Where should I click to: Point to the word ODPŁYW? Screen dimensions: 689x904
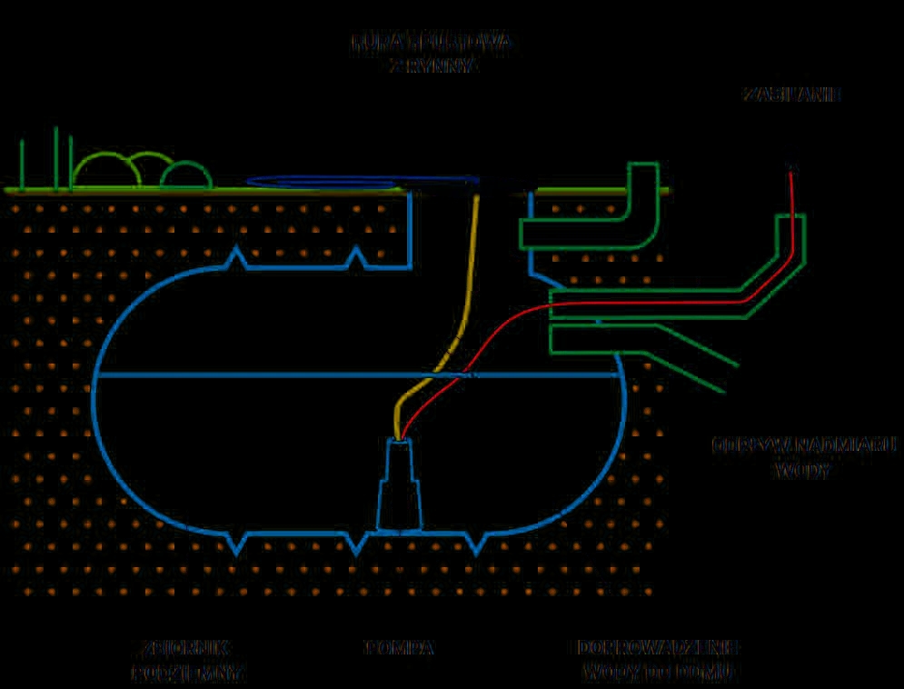[x=746, y=446]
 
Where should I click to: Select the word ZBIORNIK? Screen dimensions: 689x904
[x=186, y=648]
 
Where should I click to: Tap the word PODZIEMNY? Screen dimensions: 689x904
[x=188, y=674]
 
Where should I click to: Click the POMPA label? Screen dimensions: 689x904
[x=400, y=648]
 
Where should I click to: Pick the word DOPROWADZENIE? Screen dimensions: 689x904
[x=659, y=648]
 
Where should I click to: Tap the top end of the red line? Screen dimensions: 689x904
[x=792, y=168]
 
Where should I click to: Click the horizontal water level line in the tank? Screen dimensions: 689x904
[x=273, y=374]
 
